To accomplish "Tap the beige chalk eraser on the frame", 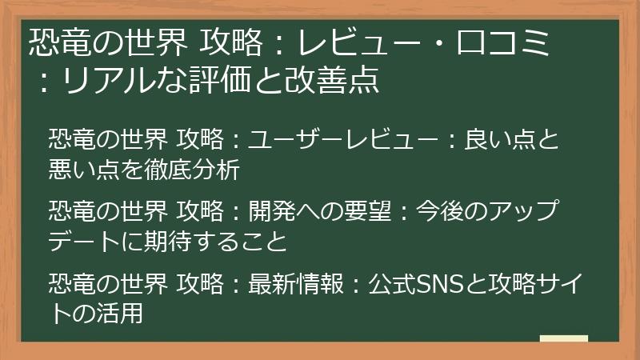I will click(563, 339).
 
